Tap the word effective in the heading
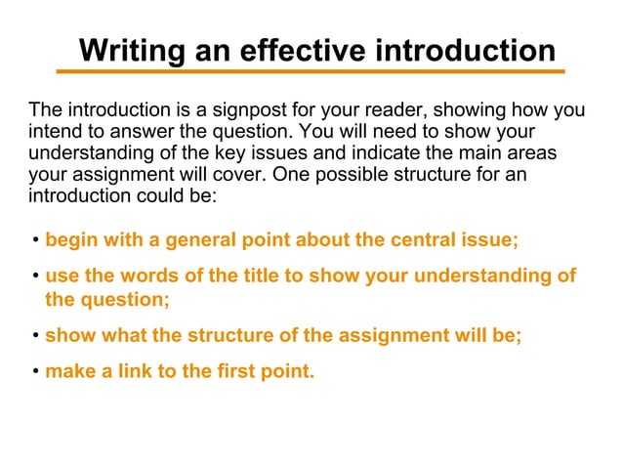(x=305, y=50)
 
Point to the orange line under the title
(x=311, y=71)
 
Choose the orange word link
(x=125, y=371)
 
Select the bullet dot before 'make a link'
(x=34, y=372)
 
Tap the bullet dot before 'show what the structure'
(x=34, y=336)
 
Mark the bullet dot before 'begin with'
(x=34, y=241)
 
